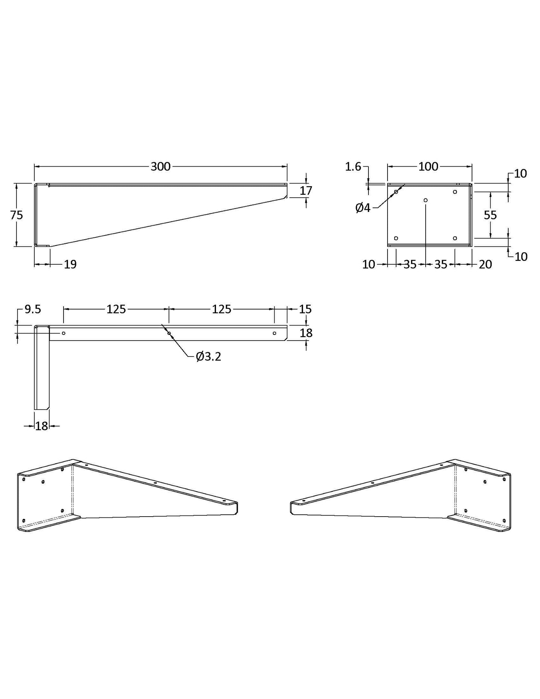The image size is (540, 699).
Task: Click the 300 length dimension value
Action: click(160, 167)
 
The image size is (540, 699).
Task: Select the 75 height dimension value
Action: click(16, 215)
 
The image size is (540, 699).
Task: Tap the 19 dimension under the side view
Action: click(70, 264)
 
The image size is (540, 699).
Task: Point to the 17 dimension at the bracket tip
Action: click(306, 191)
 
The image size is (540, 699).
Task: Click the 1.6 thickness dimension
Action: click(353, 167)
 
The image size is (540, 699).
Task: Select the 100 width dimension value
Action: click(428, 167)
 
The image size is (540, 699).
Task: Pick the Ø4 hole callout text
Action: click(362, 208)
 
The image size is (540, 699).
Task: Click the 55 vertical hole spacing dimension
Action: click(490, 215)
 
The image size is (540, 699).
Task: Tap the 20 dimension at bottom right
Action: click(485, 264)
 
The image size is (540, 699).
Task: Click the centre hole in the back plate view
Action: click(425, 200)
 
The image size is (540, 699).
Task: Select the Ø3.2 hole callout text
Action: click(209, 357)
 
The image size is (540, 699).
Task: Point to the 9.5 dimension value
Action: click(33, 309)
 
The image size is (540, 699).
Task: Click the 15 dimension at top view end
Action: click(305, 309)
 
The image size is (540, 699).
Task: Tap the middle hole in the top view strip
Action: click(169, 333)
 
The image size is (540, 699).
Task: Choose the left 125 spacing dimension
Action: click(116, 309)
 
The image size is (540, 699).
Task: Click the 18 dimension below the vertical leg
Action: click(41, 426)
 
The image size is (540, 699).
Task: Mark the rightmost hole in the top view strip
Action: click(274, 333)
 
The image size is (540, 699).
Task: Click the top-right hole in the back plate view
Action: click(455, 192)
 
